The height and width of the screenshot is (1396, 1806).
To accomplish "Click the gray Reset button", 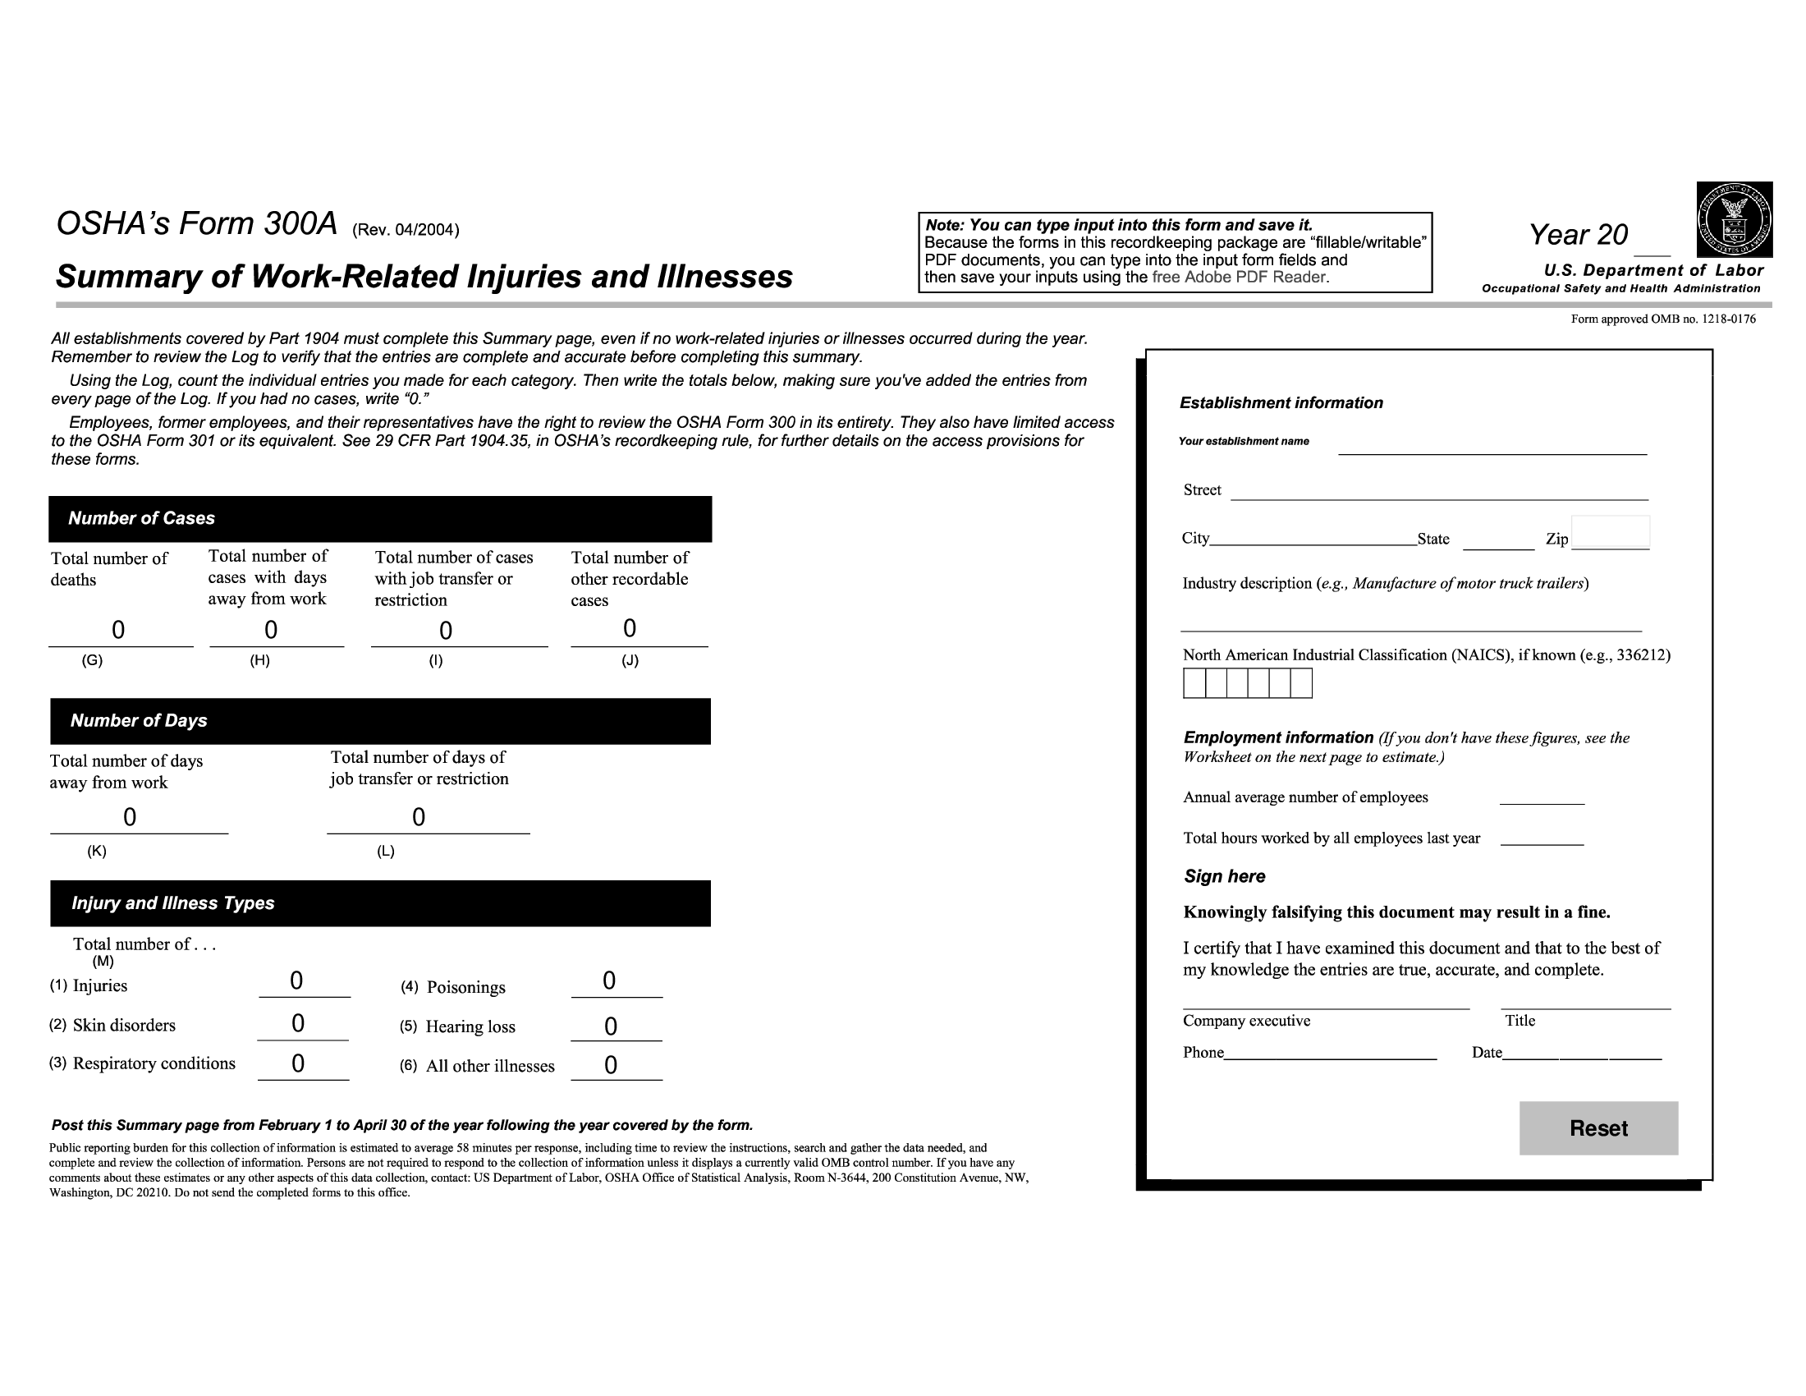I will coord(1597,1128).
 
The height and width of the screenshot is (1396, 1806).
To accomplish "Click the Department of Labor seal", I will coord(1734,219).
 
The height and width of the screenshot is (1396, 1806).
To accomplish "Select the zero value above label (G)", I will coord(118,630).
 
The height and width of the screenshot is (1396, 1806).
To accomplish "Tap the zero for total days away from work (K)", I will coord(130,817).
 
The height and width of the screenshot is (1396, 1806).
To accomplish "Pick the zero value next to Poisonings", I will coord(609,980).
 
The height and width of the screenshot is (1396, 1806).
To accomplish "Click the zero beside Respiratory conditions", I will coord(299,1063).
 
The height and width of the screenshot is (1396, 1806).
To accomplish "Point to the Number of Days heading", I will coord(139,720).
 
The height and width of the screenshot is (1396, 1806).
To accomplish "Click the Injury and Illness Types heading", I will coord(173,903).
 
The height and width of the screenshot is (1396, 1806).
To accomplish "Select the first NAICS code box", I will coord(1194,683).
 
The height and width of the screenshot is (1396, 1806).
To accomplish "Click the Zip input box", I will coord(1610,533).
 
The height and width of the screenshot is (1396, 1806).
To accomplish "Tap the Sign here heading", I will coord(1225,877).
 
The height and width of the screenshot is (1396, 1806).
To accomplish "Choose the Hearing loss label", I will coord(470,1027).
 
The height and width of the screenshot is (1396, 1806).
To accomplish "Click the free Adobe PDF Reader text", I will coord(1240,278).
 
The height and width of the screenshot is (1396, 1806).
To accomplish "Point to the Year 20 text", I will coord(1579,235).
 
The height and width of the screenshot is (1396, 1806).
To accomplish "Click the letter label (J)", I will coord(630,661).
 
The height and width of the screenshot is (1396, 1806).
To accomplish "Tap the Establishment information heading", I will coord(1281,403).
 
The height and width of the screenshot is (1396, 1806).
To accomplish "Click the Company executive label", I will coord(1246,1021).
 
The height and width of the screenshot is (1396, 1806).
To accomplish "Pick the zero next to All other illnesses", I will coord(611,1065).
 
